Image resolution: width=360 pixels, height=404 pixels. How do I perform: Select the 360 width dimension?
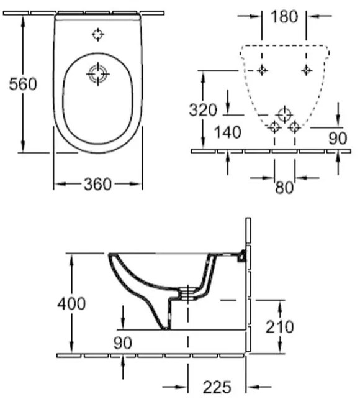[x=97, y=184]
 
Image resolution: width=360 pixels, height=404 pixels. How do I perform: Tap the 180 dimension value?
[x=284, y=17]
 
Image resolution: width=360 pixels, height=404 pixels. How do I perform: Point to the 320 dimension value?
[x=203, y=110]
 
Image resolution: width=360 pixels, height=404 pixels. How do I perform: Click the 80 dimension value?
[x=284, y=186]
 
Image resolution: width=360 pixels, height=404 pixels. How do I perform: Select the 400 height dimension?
[x=71, y=303]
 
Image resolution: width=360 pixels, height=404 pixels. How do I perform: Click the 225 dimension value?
[x=217, y=387]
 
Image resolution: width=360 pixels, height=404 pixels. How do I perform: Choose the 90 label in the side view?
[x=123, y=342]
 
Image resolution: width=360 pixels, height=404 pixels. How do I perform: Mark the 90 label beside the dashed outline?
[x=337, y=139]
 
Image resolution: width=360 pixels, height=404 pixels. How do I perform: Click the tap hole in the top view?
[x=97, y=34]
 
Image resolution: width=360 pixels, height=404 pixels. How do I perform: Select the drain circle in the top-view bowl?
[x=97, y=75]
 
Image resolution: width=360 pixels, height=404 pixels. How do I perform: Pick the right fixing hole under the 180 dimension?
[x=306, y=70]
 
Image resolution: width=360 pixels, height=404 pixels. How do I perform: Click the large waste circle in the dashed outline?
[x=284, y=114]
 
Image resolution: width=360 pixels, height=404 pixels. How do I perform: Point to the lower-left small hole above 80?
[x=274, y=127]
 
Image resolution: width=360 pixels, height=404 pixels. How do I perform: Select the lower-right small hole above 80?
[x=294, y=127]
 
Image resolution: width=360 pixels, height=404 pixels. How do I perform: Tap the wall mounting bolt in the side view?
[x=240, y=255]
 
